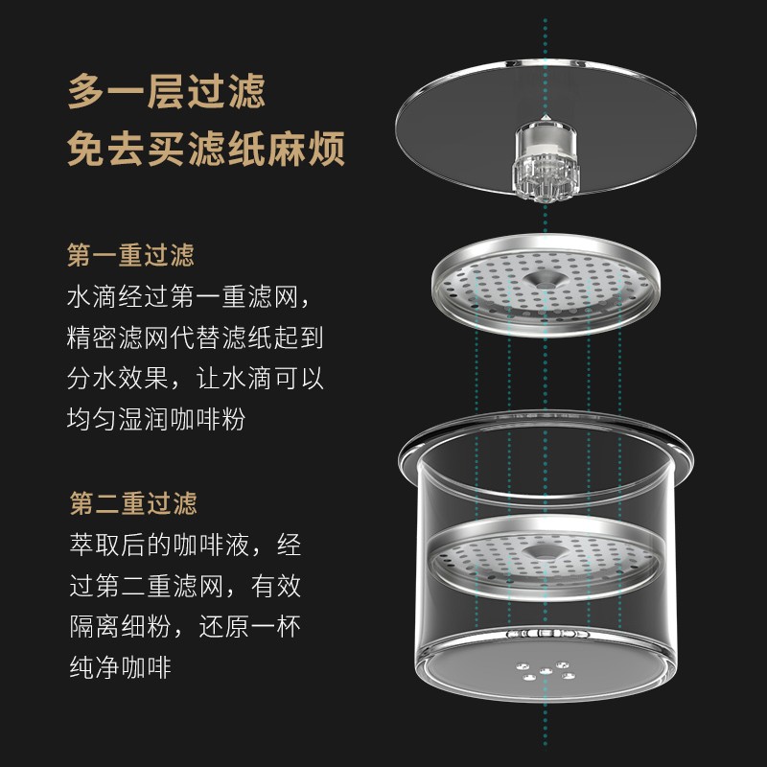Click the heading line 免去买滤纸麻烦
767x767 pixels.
205,151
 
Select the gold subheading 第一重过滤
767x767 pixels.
130,255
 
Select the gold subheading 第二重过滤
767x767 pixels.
132,503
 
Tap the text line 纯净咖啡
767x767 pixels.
120,666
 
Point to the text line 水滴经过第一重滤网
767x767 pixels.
188,295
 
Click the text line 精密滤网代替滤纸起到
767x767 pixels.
196,337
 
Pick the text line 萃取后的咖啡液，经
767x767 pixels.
185,545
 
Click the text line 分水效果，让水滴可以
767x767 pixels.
196,378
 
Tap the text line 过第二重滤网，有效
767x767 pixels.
185,585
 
